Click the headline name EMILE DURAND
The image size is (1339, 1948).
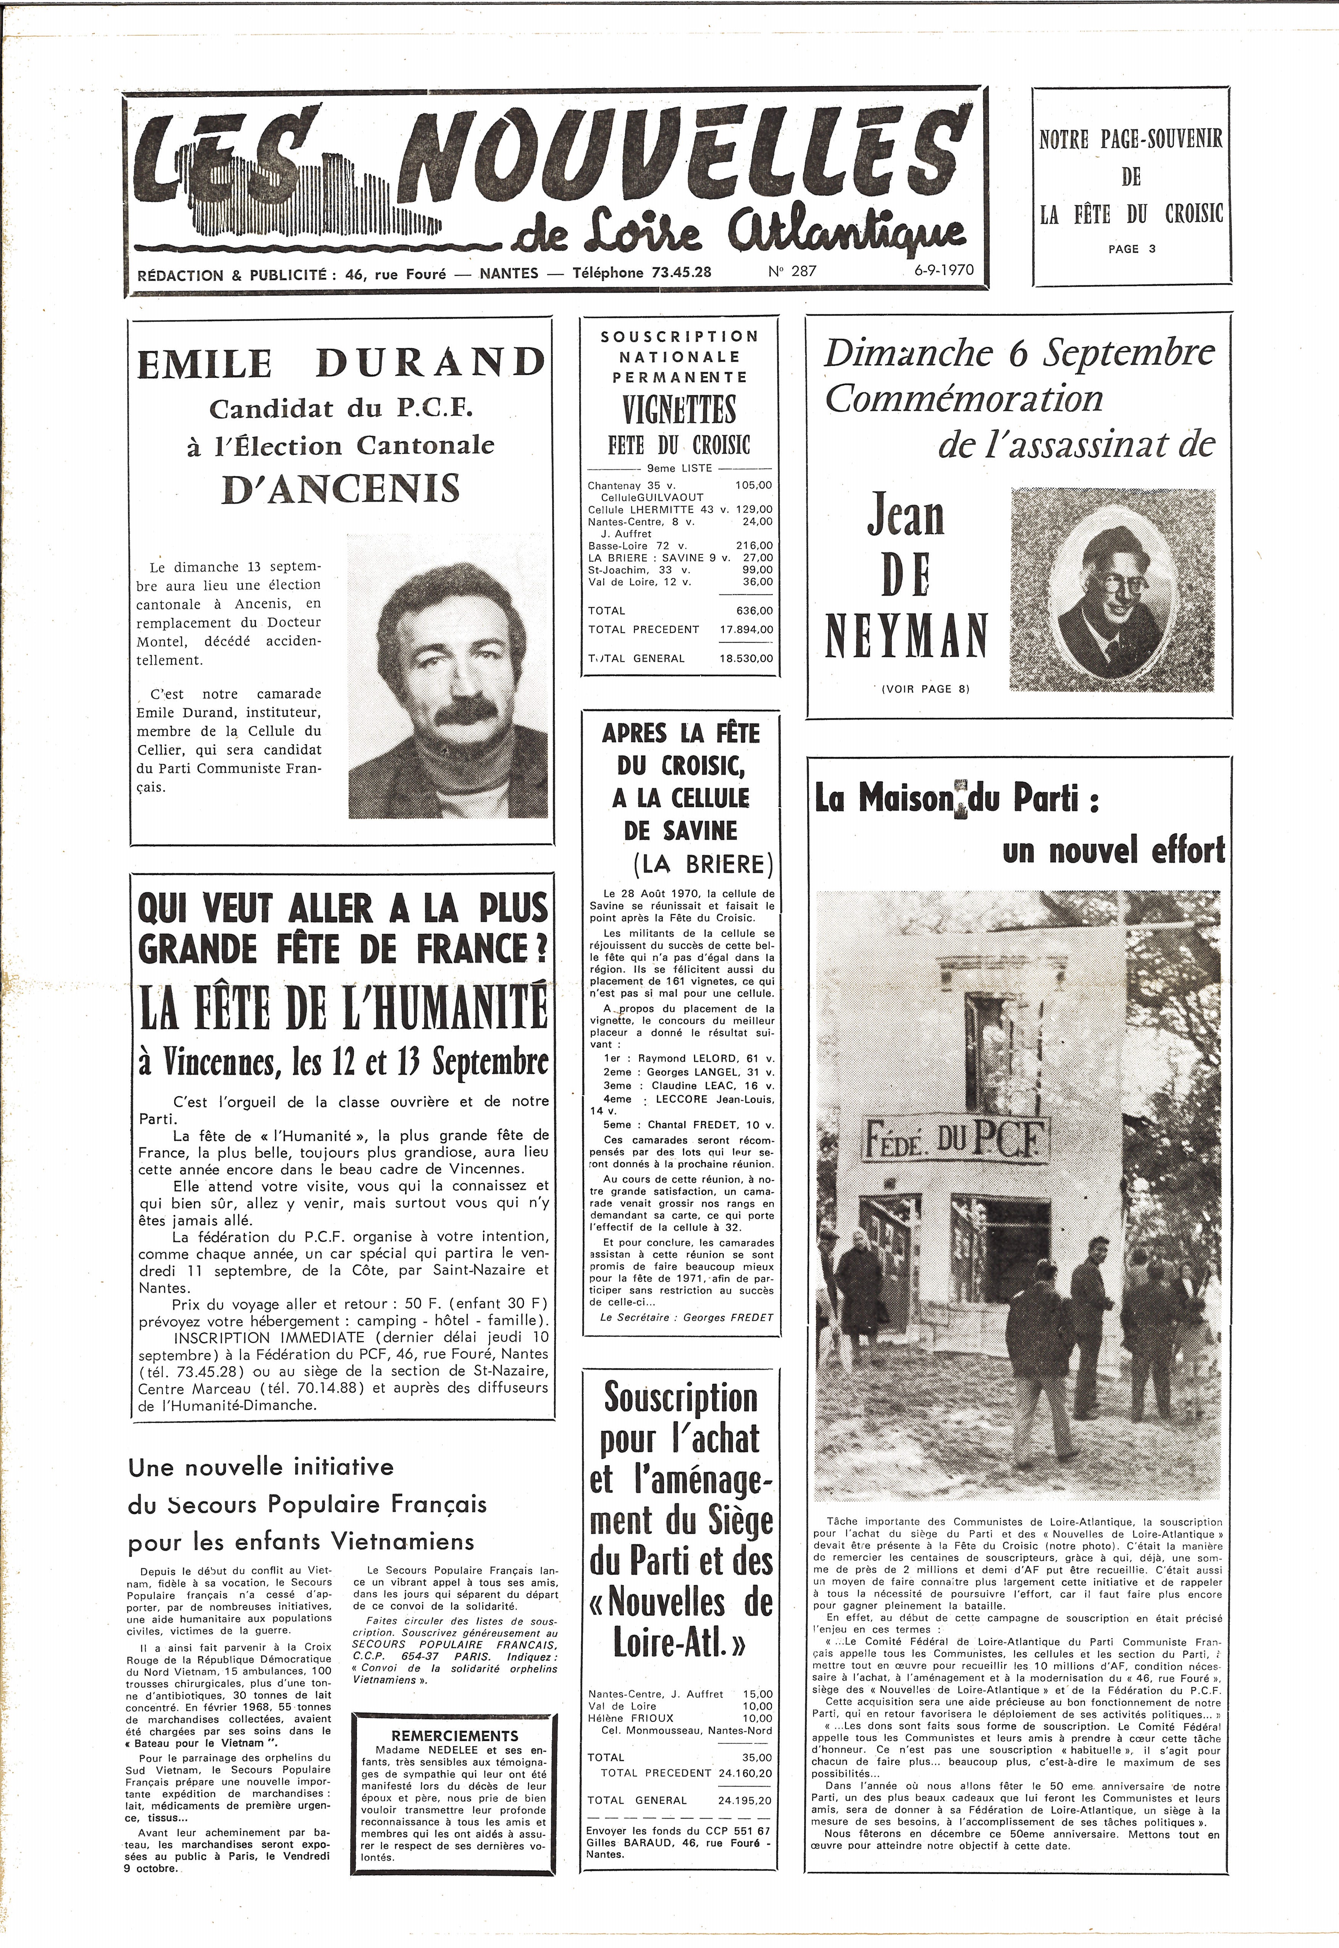tap(341, 362)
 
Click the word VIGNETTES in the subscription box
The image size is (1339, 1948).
tap(680, 409)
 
